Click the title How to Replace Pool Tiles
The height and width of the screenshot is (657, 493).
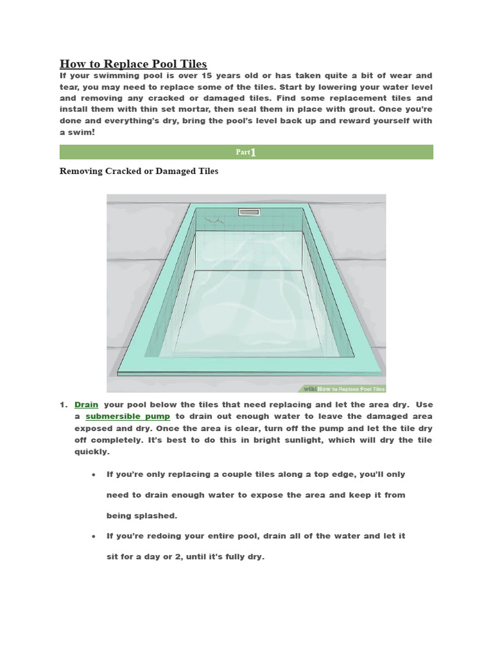coord(133,64)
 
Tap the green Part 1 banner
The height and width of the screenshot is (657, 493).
coord(246,152)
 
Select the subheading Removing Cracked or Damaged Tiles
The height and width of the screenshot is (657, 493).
coord(139,171)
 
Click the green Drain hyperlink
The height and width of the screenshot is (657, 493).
coord(86,405)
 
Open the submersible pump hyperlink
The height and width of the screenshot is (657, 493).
coord(128,416)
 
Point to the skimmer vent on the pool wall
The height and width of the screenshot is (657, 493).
coord(248,212)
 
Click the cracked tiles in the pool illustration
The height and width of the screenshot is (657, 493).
coord(218,221)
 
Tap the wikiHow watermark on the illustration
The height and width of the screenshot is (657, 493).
coord(343,388)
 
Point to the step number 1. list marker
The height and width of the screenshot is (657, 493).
coord(64,405)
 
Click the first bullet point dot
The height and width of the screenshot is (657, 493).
coord(94,475)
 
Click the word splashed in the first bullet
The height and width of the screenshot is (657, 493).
coord(153,516)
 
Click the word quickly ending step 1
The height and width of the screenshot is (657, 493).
coord(92,452)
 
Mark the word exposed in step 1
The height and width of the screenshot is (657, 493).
coord(94,428)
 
